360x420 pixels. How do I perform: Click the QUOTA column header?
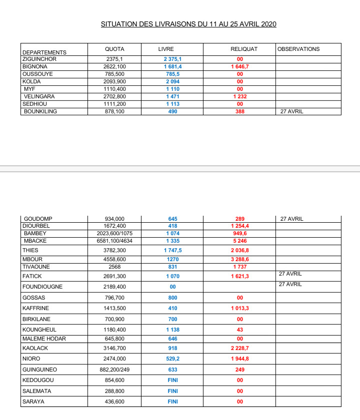(114, 49)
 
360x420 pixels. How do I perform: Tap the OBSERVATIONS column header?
(298, 49)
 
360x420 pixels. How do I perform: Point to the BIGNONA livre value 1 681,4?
(172, 66)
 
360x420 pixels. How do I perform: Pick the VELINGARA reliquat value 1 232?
(240, 96)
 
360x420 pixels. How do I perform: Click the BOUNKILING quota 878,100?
(114, 111)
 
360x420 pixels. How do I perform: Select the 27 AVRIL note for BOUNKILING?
(292, 111)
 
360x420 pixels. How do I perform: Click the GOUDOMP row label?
(38, 219)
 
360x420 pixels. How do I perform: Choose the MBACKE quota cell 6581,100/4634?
(114, 241)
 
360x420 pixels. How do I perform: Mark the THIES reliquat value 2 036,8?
(240, 250)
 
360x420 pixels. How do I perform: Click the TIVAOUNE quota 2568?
(114, 267)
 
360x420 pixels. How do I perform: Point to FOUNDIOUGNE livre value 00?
(172, 287)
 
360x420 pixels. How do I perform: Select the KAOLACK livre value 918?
(172, 348)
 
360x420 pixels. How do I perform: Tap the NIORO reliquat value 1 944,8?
(240, 358)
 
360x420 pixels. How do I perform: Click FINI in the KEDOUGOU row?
(172, 380)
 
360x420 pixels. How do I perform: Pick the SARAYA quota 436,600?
(114, 402)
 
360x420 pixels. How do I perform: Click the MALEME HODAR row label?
(44, 339)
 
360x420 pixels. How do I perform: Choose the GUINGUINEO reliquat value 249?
(240, 370)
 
